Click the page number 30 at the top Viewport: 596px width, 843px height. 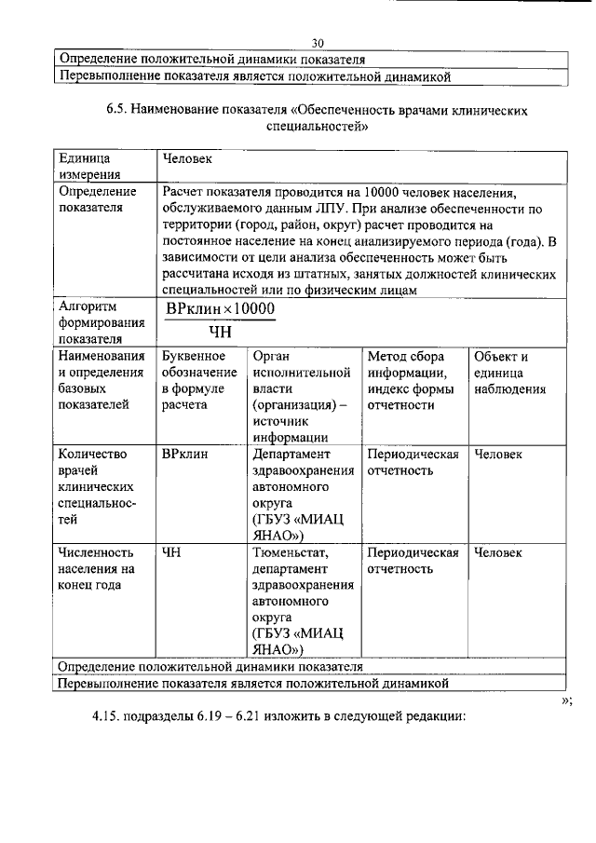click(x=318, y=43)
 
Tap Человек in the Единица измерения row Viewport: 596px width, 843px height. click(x=187, y=159)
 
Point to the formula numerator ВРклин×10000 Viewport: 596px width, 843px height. click(x=220, y=308)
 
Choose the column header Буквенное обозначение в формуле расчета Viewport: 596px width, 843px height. click(x=193, y=380)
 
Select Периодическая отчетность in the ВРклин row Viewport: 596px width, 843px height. click(x=413, y=462)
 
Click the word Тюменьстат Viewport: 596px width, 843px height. click(x=289, y=552)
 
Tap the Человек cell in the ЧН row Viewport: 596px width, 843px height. click(x=498, y=552)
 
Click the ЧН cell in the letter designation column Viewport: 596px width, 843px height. click(x=170, y=552)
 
